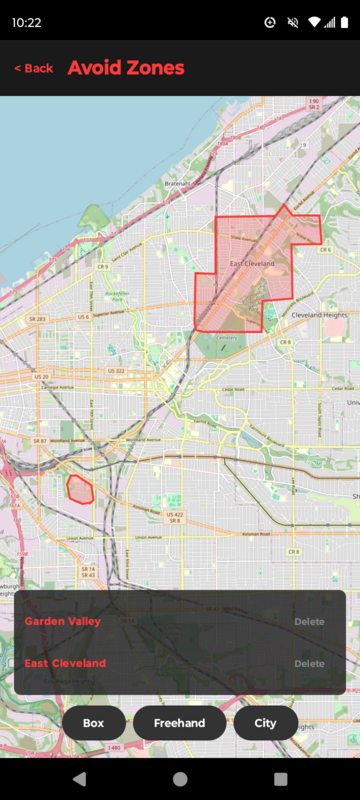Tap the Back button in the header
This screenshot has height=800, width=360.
pyautogui.click(x=34, y=68)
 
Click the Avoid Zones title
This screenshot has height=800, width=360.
pyautogui.click(x=126, y=68)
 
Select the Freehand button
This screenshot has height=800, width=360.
pyautogui.click(x=180, y=723)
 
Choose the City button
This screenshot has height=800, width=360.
pyautogui.click(x=266, y=723)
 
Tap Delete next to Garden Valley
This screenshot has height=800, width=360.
pyautogui.click(x=309, y=622)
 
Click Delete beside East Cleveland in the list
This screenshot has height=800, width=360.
pyautogui.click(x=309, y=664)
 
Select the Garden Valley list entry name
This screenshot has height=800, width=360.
pyautogui.click(x=62, y=622)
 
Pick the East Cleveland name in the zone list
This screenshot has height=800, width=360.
pyautogui.click(x=65, y=664)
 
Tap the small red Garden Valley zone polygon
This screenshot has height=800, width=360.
pyautogui.click(x=79, y=489)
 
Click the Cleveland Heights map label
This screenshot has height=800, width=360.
pyautogui.click(x=319, y=315)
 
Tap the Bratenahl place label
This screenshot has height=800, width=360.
pyautogui.click(x=180, y=184)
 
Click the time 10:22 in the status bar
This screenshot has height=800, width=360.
pyautogui.click(x=27, y=22)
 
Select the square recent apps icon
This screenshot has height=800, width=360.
pyautogui.click(x=280, y=778)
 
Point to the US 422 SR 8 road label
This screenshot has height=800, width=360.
pyautogui.click(x=175, y=517)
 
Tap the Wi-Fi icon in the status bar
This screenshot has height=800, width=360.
pyautogui.click(x=314, y=22)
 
